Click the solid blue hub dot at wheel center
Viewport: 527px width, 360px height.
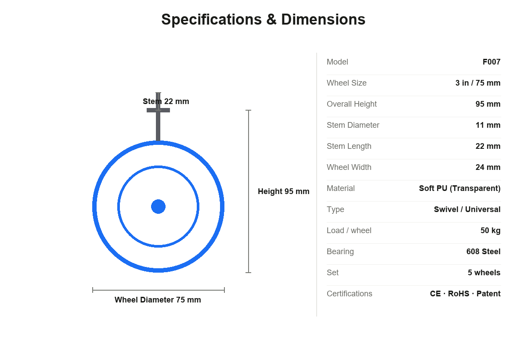click(159, 207)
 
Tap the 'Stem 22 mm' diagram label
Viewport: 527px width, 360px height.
click(166, 101)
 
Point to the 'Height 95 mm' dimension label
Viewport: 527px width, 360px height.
click(284, 191)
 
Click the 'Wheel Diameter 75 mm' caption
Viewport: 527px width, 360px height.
click(158, 300)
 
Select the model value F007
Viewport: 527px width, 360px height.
click(491, 62)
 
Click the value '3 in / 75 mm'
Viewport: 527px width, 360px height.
click(478, 83)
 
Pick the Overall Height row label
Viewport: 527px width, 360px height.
click(351, 104)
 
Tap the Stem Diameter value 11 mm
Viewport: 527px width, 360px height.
click(488, 125)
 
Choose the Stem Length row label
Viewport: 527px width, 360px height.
click(349, 146)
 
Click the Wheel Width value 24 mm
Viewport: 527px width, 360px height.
click(488, 167)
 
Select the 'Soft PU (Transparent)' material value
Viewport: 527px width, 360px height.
click(460, 188)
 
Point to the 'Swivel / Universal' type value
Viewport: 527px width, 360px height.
click(467, 209)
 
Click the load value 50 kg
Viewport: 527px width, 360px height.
click(490, 230)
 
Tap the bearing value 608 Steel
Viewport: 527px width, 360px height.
click(483, 252)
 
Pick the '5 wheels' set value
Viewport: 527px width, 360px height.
click(484, 273)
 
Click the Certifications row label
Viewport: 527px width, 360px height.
click(350, 294)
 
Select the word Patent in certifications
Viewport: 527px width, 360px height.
click(488, 294)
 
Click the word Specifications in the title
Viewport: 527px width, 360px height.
click(212, 20)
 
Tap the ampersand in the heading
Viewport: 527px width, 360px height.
click(271, 19)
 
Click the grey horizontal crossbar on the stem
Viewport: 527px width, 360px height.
click(159, 110)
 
